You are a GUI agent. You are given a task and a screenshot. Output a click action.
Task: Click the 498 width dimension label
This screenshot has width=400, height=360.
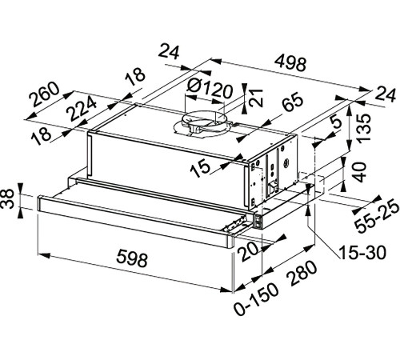coord(290,63)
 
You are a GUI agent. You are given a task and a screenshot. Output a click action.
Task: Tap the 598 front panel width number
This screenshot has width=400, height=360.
coord(132,258)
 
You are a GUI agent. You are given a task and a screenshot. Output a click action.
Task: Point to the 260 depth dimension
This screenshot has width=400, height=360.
coord(44,94)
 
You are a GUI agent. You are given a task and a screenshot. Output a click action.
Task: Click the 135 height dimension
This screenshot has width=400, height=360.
coord(363,128)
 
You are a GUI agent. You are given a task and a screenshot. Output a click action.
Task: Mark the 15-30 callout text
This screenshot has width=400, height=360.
coord(362,252)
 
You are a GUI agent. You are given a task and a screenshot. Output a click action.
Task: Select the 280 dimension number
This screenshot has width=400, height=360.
coord(302,273)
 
